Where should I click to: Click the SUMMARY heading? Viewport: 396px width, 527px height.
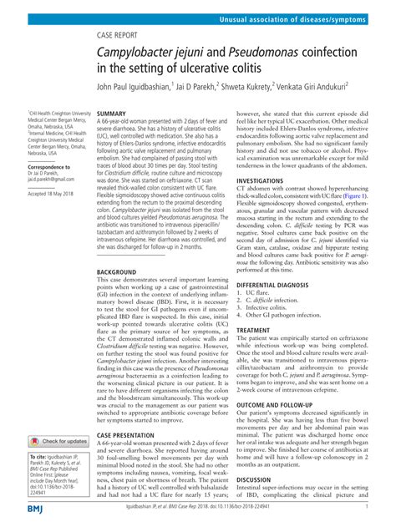click(112, 114)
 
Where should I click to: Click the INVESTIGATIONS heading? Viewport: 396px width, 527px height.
click(266, 180)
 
